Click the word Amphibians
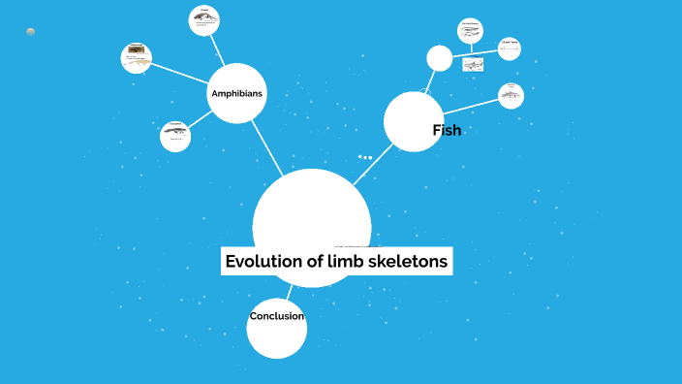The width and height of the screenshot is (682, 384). [237, 94]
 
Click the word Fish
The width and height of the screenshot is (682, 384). [446, 130]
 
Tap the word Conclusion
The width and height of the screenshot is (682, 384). [277, 316]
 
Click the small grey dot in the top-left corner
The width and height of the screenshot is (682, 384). [31, 32]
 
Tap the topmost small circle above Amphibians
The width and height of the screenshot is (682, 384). [205, 19]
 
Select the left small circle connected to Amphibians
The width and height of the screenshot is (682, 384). [137, 57]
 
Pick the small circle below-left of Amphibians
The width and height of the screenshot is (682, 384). [175, 136]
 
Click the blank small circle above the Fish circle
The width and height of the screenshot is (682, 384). [440, 58]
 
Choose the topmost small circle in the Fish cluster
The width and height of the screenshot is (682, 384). [471, 31]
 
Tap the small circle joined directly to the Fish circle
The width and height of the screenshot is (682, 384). [511, 94]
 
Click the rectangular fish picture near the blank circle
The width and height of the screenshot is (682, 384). [473, 65]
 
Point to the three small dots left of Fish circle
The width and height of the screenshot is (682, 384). [365, 156]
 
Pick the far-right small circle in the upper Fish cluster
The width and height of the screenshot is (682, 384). [510, 48]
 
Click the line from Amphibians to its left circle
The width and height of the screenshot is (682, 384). [181, 74]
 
